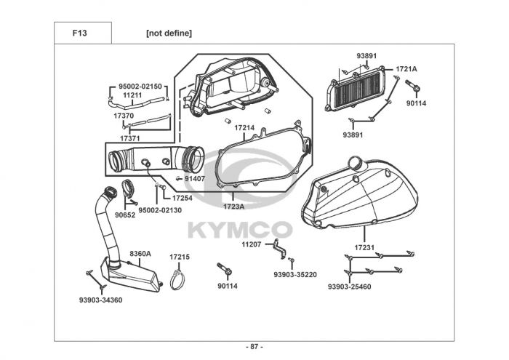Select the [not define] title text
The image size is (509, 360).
tap(169, 33)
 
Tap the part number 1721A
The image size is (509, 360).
tap(406, 69)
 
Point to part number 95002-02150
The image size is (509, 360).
tap(140, 87)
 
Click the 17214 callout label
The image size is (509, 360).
tap(244, 127)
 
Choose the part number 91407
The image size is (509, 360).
tap(194, 178)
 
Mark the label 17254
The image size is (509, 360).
tap(182, 198)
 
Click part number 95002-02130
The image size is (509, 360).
tap(160, 210)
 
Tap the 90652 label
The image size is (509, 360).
tap(124, 215)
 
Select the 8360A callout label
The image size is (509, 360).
tap(140, 254)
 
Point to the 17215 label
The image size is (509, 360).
tap(180, 257)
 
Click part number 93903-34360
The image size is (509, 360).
tap(100, 300)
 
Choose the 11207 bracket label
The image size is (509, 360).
tap(250, 245)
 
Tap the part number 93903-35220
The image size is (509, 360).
tap(295, 274)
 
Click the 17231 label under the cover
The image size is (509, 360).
tap(364, 248)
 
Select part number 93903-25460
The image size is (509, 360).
tap(349, 287)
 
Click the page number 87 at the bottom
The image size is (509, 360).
tap(254, 346)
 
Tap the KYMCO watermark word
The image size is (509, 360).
tap(240, 230)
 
